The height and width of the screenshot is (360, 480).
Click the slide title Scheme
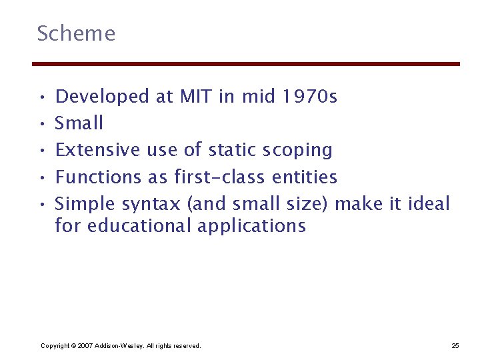[76, 33]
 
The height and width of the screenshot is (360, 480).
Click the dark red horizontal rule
[246, 64]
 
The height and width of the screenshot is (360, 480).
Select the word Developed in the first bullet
[103, 97]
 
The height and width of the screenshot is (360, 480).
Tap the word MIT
[195, 97]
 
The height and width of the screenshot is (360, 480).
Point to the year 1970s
[310, 97]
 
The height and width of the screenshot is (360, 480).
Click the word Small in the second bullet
[79, 123]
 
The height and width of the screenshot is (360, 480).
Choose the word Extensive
[97, 150]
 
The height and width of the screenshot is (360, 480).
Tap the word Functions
[98, 177]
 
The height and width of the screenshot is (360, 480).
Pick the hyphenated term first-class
[220, 177]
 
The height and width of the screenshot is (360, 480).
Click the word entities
[305, 177]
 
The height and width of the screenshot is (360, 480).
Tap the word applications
[252, 227]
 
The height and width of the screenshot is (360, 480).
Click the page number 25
[455, 345]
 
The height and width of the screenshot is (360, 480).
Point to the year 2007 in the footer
[85, 345]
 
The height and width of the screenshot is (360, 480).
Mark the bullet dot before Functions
[41, 177]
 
